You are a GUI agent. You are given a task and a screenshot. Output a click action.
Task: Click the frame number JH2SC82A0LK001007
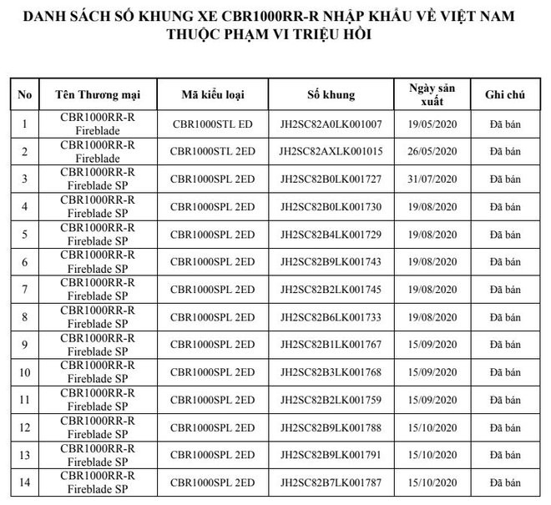pos(331,124)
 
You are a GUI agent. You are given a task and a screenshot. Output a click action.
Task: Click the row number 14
pos(24,482)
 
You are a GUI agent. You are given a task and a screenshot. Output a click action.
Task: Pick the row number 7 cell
pos(24,289)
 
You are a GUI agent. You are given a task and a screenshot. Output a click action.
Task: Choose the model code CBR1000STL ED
pos(212,124)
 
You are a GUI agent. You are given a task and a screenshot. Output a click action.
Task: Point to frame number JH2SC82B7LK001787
pos(331,482)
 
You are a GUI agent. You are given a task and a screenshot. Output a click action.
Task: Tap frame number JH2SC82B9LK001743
pos(331,261)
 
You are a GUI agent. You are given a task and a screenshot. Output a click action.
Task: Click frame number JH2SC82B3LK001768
pos(331,371)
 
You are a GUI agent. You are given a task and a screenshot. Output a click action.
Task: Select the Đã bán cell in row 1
pos(504,124)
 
